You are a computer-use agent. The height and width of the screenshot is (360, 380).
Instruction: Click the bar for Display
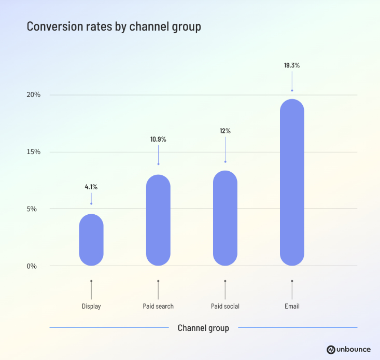pos(91,240)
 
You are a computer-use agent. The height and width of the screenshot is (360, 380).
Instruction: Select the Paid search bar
pos(158,220)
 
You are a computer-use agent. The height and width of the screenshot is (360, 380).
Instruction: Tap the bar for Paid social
pos(225,218)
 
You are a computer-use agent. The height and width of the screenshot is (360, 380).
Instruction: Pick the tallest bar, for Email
pos(292,183)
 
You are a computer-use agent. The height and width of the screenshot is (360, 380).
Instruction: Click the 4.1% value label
pos(91,187)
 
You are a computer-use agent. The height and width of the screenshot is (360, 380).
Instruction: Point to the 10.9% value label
pos(158,139)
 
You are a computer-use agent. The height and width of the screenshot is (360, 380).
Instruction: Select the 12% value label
pos(225,131)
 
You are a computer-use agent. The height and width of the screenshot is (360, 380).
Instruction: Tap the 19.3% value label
pos(292,66)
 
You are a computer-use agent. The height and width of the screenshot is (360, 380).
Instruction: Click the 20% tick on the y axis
pos(34,95)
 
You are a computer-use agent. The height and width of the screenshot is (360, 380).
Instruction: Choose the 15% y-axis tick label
pos(34,152)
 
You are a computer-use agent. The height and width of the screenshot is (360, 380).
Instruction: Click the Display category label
pos(91,306)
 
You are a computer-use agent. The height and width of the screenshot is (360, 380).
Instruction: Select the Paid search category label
pos(158,306)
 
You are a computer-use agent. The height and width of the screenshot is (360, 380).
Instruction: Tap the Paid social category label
pos(225,306)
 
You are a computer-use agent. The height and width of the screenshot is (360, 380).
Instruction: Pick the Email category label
pos(292,306)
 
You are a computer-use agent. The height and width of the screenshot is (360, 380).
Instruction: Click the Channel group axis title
pos(203,328)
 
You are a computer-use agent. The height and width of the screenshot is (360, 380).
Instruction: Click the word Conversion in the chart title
pos(52,26)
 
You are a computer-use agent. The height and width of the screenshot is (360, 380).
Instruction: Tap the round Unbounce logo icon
pos(331,350)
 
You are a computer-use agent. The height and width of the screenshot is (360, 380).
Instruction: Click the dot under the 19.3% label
pos(292,90)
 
